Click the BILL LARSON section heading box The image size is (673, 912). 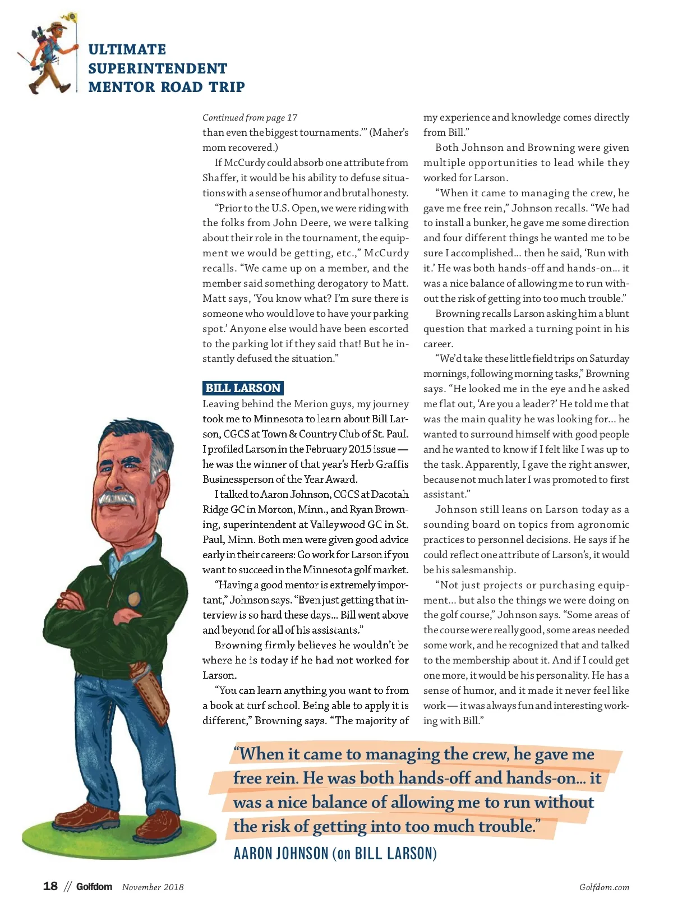pos(243,388)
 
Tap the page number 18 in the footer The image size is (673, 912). pos(50,886)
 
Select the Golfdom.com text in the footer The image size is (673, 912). pos(604,887)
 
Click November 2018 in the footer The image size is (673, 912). pos(153,887)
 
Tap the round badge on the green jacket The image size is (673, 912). pos(134,600)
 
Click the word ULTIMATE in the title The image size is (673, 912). pos(127,49)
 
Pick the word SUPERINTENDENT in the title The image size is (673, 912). pos(158,68)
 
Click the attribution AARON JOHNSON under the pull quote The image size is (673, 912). pos(280,854)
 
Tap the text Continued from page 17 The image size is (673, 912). pos(250,117)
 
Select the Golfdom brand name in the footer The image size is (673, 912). pos(94,887)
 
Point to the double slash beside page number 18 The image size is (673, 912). pos(68,887)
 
